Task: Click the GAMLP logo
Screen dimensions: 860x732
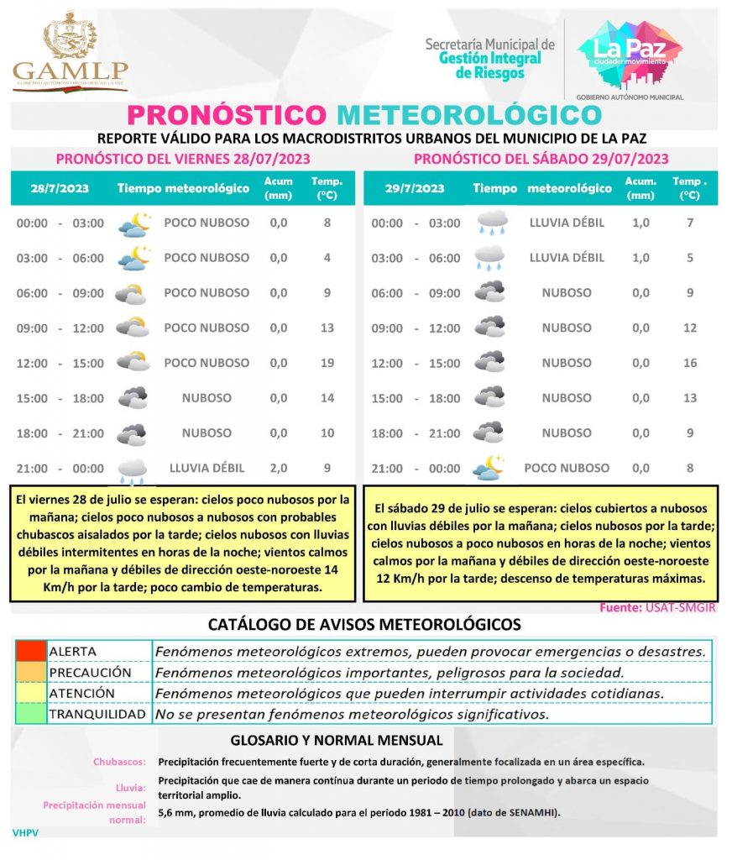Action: click(x=71, y=53)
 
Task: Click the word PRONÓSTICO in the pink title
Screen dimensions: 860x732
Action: click(x=226, y=115)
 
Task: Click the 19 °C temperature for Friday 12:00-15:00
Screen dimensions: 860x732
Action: click(x=327, y=363)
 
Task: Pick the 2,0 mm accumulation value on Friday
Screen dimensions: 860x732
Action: click(x=279, y=468)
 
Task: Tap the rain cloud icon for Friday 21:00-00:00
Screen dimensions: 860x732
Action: click(x=132, y=470)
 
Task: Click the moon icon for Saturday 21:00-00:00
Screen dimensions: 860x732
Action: click(x=488, y=468)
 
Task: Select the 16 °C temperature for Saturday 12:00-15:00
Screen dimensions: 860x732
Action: click(x=690, y=363)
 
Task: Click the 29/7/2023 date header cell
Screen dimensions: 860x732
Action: click(x=416, y=188)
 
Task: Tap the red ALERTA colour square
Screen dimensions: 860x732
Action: click(x=30, y=651)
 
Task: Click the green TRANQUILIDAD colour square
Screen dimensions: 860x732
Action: click(x=30, y=714)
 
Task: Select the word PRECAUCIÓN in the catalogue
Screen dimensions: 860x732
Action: click(x=91, y=673)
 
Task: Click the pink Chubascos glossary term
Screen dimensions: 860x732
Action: click(x=119, y=762)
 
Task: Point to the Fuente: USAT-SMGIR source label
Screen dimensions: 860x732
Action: click(x=658, y=608)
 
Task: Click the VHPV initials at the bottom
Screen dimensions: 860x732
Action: click(x=26, y=832)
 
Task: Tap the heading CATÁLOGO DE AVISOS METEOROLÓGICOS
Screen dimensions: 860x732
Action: click(x=364, y=624)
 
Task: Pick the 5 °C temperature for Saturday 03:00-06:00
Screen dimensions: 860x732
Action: click(x=690, y=258)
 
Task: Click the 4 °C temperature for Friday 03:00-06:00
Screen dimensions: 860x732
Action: click(x=327, y=258)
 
